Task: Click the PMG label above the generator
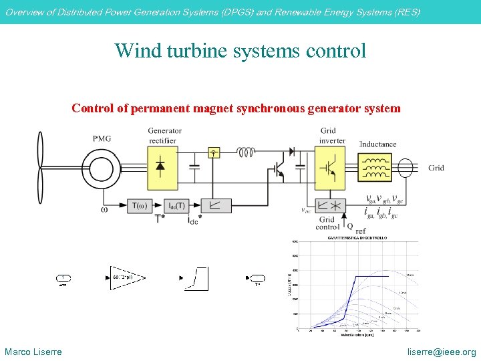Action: point(102,138)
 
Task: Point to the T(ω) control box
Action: point(140,205)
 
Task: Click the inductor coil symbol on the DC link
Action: point(246,152)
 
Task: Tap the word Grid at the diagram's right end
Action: point(436,168)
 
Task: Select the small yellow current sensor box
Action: point(214,152)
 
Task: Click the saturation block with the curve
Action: point(199,277)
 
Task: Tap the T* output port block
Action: point(257,277)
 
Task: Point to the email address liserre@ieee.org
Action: point(442,352)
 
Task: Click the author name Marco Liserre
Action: point(33,352)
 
